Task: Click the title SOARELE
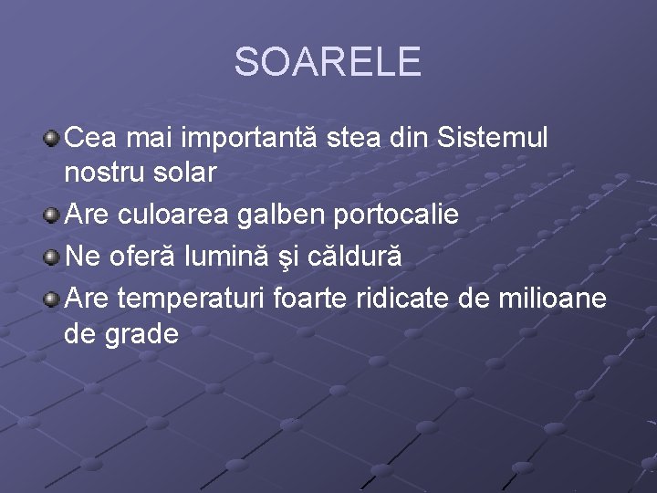328,62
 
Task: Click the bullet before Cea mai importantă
52,140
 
